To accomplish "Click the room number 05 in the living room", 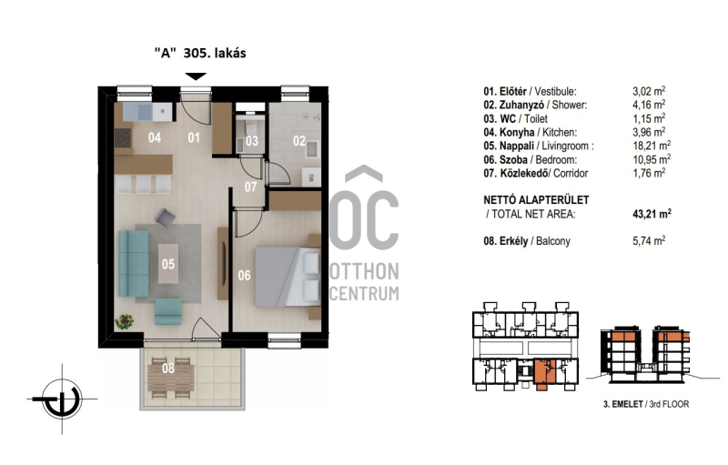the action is pos(168,264).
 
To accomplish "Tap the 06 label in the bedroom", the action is pos(244,275).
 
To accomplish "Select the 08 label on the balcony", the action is pos(168,368).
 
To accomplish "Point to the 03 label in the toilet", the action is pos(252,141).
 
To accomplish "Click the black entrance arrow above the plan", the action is pos(196,76).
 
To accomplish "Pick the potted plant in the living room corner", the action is pos(124,321).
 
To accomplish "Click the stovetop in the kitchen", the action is pos(123,137).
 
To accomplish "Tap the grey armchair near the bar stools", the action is pos(165,217).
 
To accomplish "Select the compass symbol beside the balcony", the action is pos(62,399).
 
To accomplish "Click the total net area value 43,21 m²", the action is pos(652,214).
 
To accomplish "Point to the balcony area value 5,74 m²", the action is pos(649,241).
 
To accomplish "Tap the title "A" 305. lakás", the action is pos(200,53).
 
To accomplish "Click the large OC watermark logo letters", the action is pos(364,219).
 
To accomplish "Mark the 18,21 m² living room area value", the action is pos(652,146).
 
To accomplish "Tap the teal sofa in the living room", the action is pos(134,264).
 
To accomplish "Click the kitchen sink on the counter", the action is pos(145,111).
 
